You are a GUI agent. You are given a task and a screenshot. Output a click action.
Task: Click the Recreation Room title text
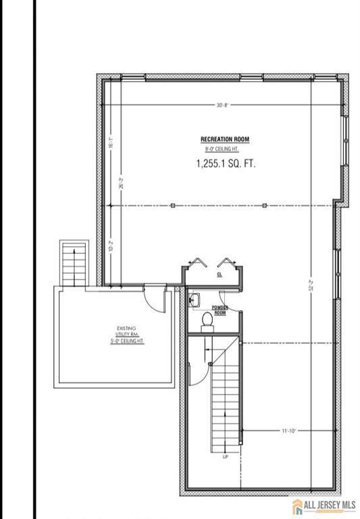[225, 140]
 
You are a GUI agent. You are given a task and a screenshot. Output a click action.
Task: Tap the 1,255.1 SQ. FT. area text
[226, 164]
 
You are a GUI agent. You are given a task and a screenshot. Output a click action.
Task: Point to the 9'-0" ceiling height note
[225, 149]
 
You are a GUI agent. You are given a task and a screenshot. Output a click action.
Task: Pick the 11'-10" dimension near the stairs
[289, 430]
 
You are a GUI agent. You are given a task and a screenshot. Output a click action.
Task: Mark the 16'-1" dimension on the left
[110, 143]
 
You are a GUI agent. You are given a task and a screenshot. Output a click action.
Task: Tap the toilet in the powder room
[207, 321]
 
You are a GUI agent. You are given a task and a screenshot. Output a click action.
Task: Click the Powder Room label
[220, 311]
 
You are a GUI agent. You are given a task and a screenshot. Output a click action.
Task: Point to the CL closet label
[220, 276]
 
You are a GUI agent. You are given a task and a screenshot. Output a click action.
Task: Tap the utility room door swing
[155, 299]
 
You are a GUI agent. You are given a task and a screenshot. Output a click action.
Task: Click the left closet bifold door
[197, 262]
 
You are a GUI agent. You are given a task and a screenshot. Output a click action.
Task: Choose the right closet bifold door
[227, 262]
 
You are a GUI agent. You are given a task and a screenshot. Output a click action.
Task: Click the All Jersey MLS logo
[325, 505]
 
